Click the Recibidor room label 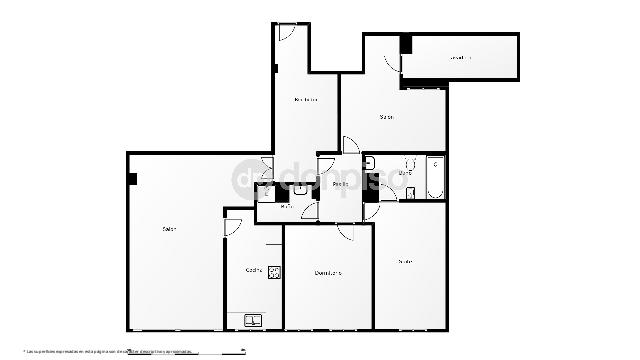point(306,99)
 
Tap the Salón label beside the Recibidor point(386,117)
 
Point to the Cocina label point(254,271)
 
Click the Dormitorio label point(328,273)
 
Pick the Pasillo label point(341,184)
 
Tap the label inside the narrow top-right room point(460,58)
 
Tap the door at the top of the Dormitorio point(345,232)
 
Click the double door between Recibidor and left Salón point(267,171)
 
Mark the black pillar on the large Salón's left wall point(132,179)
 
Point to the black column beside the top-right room point(405,45)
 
